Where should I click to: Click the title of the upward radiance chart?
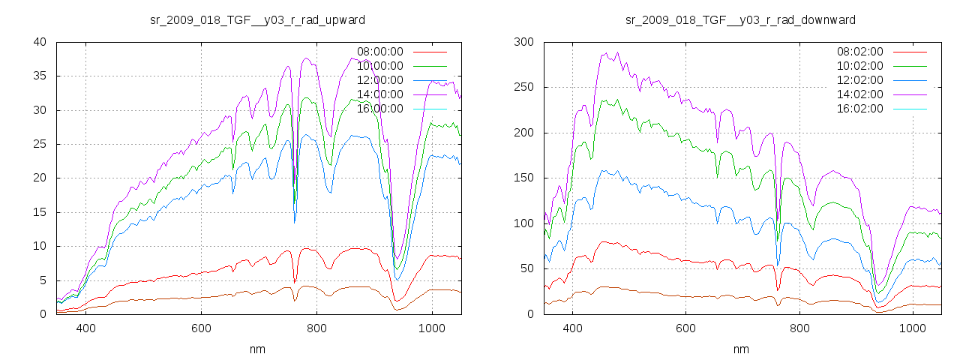(x=258, y=19)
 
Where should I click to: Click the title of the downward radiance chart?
(x=740, y=19)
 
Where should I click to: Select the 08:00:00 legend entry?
(x=380, y=52)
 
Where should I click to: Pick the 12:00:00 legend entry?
(x=380, y=80)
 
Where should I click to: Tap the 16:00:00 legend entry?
(x=380, y=109)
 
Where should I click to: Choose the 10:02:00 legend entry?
(x=860, y=66)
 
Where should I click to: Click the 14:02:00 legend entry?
(x=860, y=94)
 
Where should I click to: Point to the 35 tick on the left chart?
(x=41, y=76)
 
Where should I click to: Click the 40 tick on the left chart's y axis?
(x=41, y=42)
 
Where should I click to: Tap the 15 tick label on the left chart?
(x=41, y=212)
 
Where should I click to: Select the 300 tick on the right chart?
(x=523, y=42)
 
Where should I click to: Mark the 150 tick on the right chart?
(x=523, y=178)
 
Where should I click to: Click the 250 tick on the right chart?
(x=523, y=87)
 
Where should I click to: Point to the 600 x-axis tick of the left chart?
(x=201, y=328)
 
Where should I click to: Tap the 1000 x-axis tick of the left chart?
(x=431, y=328)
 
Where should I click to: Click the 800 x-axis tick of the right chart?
(x=799, y=328)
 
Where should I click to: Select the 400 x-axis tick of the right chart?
(x=572, y=328)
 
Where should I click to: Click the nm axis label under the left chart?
(x=258, y=349)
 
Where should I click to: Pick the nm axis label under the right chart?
(x=741, y=349)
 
